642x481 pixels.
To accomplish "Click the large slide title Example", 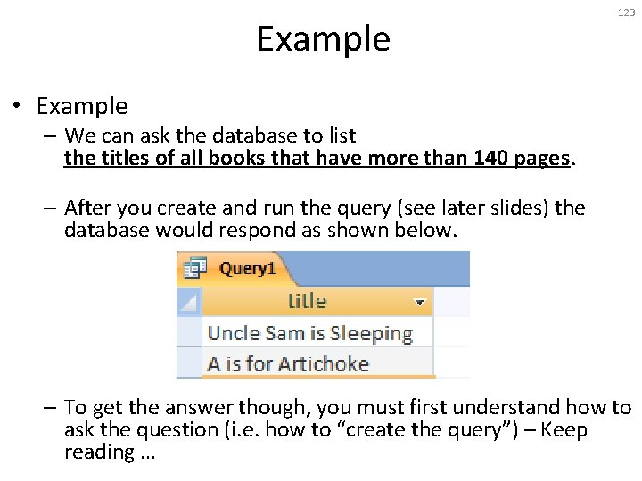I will pyautogui.click(x=324, y=39).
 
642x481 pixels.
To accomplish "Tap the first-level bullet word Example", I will pyautogui.click(x=82, y=106).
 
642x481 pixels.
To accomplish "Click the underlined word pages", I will pyautogui.click(x=541, y=159).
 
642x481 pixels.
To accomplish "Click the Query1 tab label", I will pyautogui.click(x=247, y=267).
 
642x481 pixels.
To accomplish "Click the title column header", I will pyautogui.click(x=307, y=301).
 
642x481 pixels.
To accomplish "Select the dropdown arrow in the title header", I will pyautogui.click(x=420, y=302).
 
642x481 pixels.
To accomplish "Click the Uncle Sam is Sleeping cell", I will pyautogui.click(x=310, y=333).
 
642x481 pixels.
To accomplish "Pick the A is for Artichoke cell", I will pyautogui.click(x=288, y=363).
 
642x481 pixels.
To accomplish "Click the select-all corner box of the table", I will pyautogui.click(x=189, y=302).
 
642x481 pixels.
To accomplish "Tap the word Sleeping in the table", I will pyautogui.click(x=371, y=334).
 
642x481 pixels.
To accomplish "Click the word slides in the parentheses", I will pyautogui.click(x=516, y=208).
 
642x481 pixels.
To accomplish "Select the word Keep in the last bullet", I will pyautogui.click(x=566, y=429).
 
